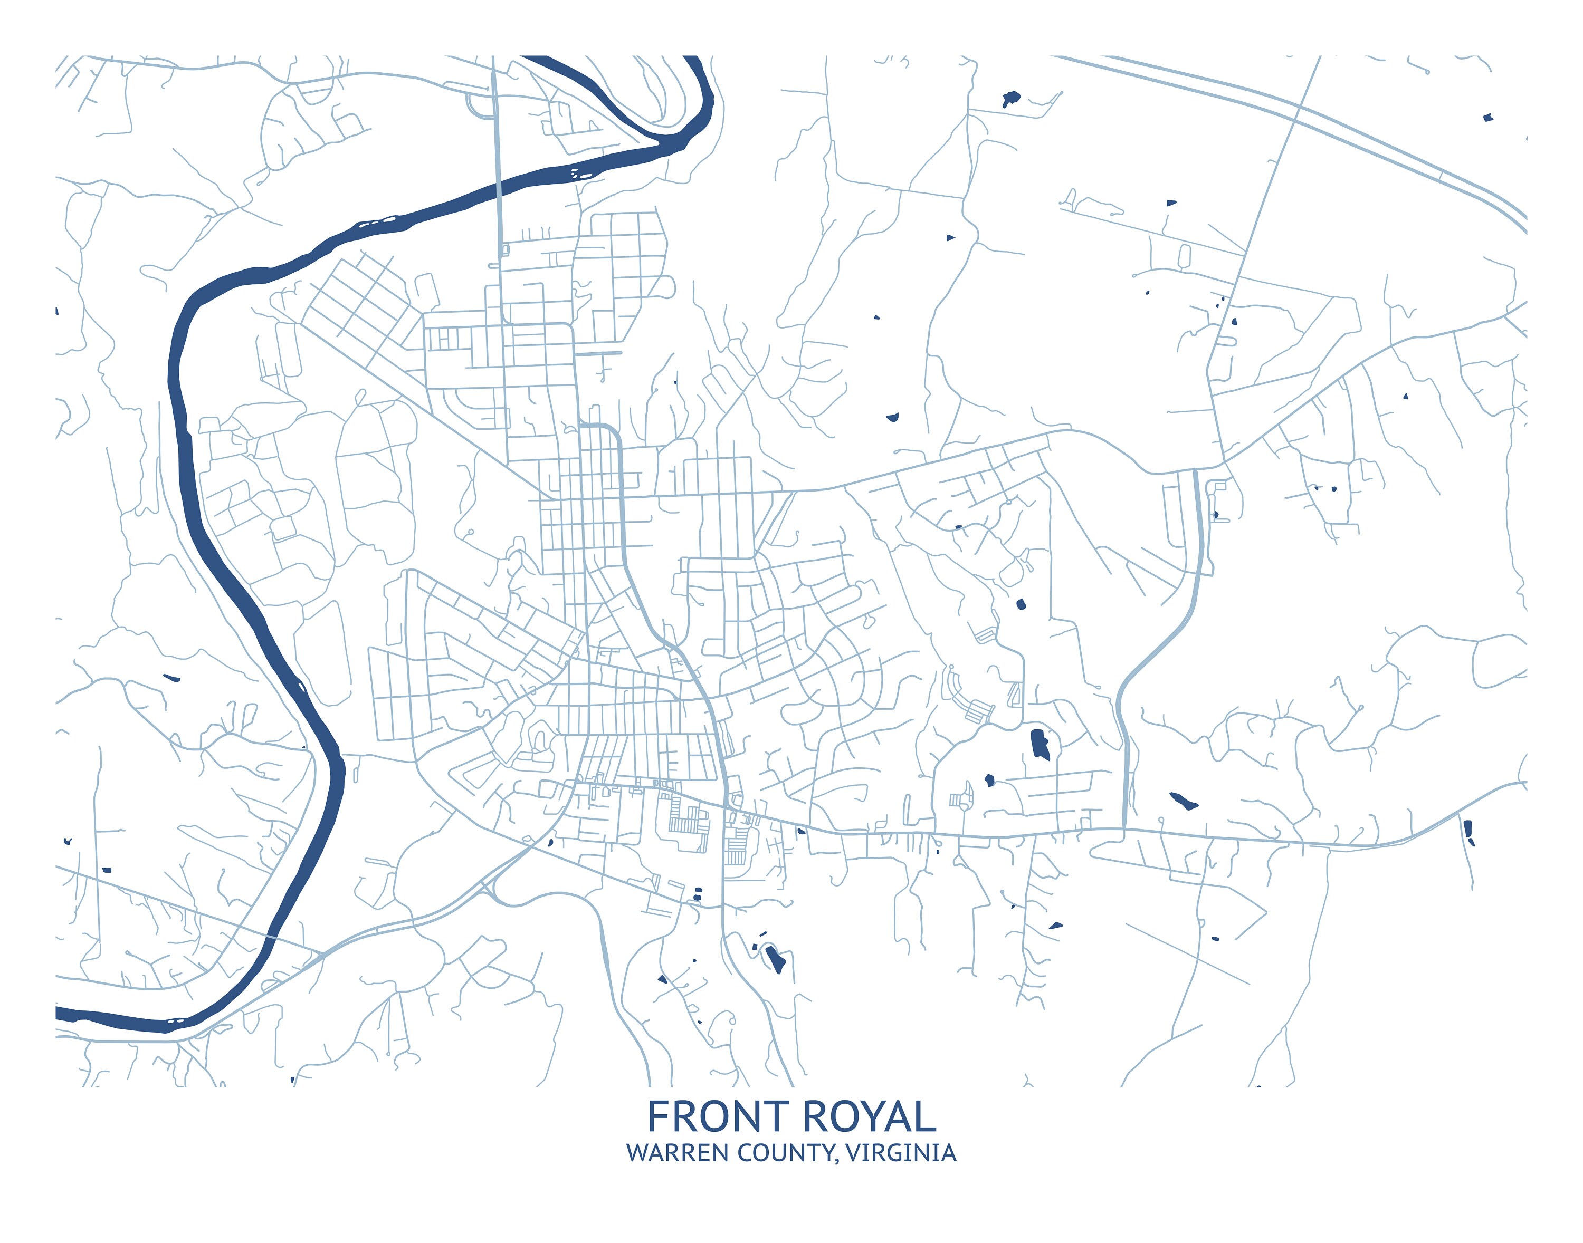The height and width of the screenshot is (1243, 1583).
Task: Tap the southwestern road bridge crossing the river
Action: pos(271,939)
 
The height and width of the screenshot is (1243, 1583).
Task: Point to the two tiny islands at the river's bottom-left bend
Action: pos(175,1021)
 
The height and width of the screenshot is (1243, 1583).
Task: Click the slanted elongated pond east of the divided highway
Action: pos(1183,801)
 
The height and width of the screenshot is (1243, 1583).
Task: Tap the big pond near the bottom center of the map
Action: pos(776,959)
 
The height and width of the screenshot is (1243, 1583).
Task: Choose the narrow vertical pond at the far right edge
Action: pos(1468,830)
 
